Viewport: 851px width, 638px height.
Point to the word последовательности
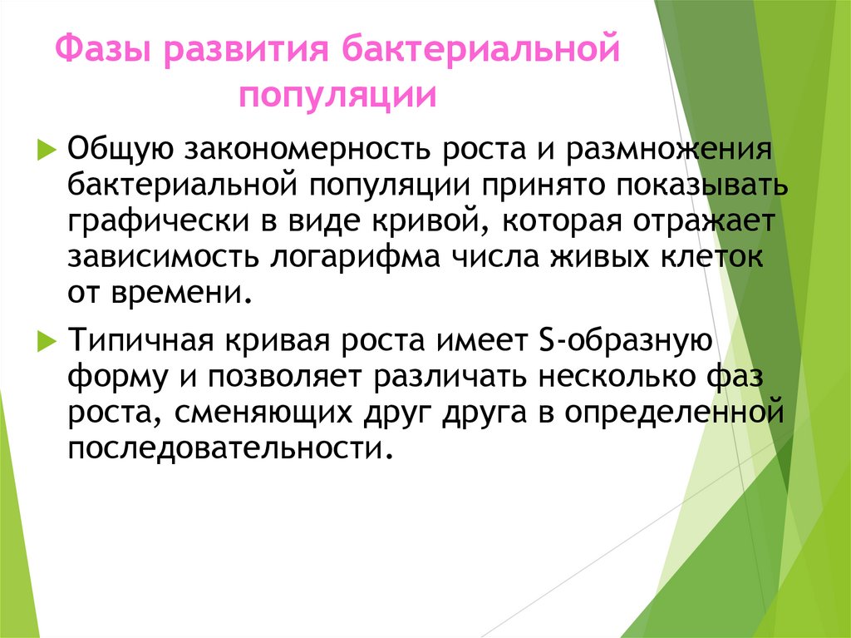point(229,450)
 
